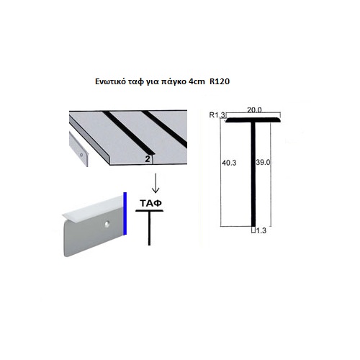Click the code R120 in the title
[x=220, y=81]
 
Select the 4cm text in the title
[x=197, y=81]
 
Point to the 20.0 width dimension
[x=254, y=110]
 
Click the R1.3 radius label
[x=217, y=115]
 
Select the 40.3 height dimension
[x=229, y=163]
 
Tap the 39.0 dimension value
[x=263, y=163]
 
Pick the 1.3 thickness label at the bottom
[x=261, y=230]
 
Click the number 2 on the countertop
[x=148, y=159]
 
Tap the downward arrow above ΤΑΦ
[x=156, y=183]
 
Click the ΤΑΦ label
[x=150, y=203]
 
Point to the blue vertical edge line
[x=125, y=214]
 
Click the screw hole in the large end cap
[x=107, y=224]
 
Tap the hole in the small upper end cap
[x=81, y=155]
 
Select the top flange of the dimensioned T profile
[x=253, y=120]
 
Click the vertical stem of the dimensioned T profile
[x=253, y=174]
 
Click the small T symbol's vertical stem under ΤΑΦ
[x=149, y=228]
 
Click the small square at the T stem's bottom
[x=253, y=230]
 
